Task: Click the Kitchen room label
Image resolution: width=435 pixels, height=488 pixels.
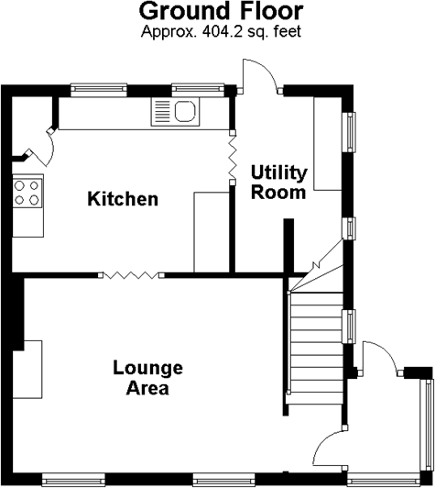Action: [x=123, y=199]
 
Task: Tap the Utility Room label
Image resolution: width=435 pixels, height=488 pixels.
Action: [x=278, y=183]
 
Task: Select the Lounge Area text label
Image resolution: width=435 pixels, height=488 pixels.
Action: [x=147, y=378]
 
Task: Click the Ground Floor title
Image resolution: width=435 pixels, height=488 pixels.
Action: [x=221, y=12]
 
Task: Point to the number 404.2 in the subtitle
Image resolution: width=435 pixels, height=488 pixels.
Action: [x=222, y=31]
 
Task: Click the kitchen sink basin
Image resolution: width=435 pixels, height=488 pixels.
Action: [x=185, y=111]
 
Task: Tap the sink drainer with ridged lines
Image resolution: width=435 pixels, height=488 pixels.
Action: [x=162, y=111]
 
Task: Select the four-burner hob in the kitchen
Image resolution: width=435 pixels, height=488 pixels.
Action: [x=27, y=193]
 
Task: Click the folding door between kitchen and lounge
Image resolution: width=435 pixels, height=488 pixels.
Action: [x=131, y=275]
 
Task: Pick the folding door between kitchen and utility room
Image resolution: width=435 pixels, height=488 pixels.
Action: [x=232, y=158]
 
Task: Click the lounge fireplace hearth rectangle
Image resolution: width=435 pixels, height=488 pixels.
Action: [x=27, y=369]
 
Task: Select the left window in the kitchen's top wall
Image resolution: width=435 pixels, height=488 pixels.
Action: [x=99, y=89]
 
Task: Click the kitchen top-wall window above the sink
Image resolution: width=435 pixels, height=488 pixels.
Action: [x=198, y=89]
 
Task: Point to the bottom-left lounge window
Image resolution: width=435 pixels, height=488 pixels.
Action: [x=73, y=480]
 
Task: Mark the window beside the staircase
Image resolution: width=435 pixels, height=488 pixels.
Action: [x=349, y=327]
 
